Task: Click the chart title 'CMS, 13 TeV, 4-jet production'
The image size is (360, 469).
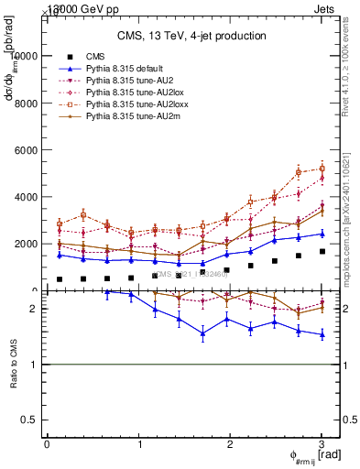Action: point(191,36)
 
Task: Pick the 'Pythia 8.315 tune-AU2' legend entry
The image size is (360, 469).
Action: point(125,81)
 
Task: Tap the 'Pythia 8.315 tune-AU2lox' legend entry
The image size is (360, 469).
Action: point(129,93)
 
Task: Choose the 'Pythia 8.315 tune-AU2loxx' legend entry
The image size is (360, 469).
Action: point(131,105)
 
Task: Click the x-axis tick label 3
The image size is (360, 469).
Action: point(322,444)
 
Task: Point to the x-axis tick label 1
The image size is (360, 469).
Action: point(138,444)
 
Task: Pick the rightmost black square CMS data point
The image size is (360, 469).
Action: point(322,251)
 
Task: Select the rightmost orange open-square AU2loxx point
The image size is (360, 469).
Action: point(322,169)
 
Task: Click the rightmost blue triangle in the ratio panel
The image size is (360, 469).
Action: point(322,335)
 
